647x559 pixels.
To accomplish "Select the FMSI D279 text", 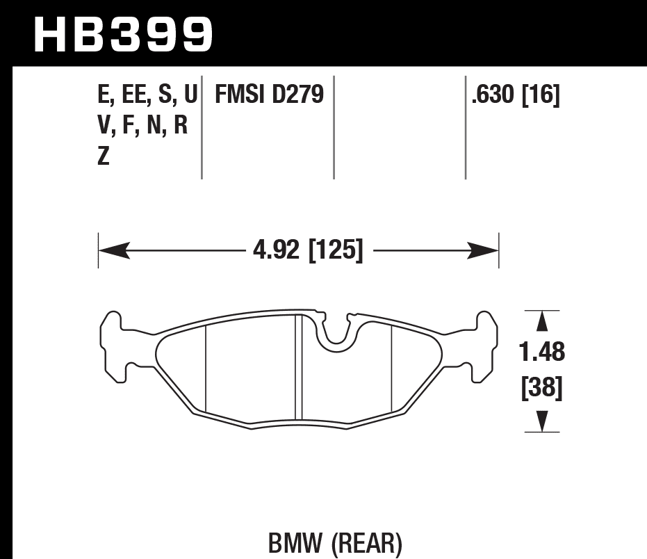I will (x=270, y=96).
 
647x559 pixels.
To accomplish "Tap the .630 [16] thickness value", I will (x=515, y=96).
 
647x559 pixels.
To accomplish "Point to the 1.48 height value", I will (x=542, y=353).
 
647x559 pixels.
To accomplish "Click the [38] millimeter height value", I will (x=541, y=387).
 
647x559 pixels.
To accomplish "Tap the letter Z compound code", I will (x=104, y=157).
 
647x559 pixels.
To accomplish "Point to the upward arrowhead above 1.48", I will (x=542, y=322).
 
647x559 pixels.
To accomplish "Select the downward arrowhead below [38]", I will (x=542, y=421).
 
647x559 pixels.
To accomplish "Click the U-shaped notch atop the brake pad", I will (x=336, y=330).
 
